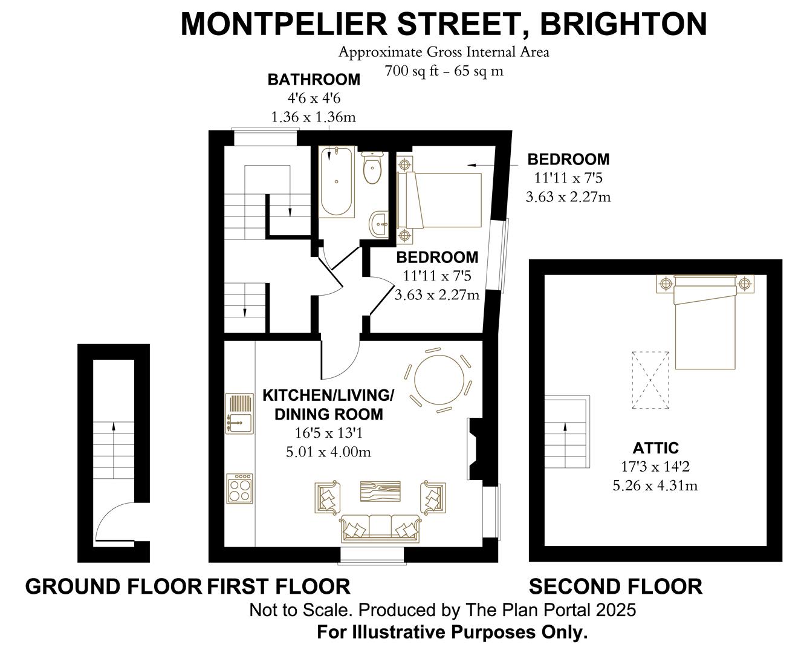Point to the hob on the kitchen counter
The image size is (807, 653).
click(239, 489)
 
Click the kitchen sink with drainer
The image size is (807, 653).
click(239, 414)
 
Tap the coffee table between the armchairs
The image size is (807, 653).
click(380, 490)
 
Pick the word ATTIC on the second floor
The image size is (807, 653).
click(655, 448)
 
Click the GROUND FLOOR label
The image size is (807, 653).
click(113, 586)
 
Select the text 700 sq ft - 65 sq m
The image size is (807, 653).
click(444, 71)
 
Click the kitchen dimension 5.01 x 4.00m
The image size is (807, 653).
click(328, 452)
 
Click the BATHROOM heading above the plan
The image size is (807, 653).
click(314, 79)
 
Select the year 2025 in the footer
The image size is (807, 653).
click(615, 610)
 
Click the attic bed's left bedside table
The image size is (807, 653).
click(666, 283)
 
